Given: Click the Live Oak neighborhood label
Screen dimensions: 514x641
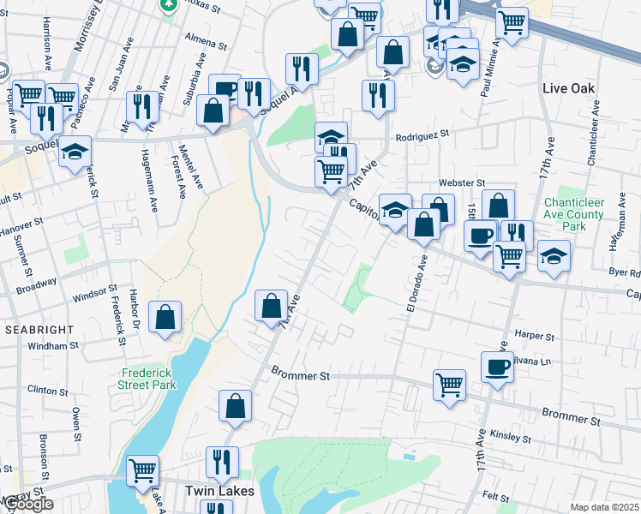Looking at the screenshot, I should pyautogui.click(x=569, y=89).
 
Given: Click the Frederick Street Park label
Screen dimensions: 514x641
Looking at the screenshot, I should pyautogui.click(x=147, y=379).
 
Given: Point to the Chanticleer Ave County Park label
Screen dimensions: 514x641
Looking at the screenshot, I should pyautogui.click(x=575, y=214).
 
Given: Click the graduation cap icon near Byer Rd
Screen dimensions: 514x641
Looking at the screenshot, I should pyautogui.click(x=554, y=255).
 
